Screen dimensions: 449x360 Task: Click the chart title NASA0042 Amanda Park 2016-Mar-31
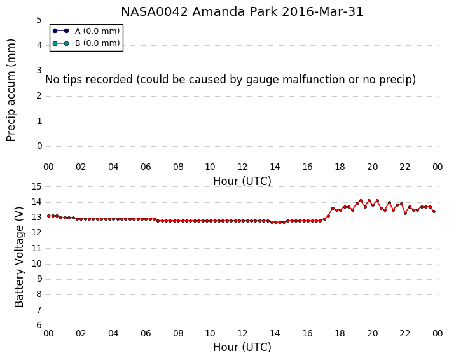(242, 12)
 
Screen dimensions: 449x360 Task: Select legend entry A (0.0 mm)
(86, 31)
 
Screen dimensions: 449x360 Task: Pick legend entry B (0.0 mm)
(86, 43)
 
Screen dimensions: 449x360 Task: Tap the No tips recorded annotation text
(230, 80)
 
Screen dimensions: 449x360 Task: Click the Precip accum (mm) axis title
(11, 90)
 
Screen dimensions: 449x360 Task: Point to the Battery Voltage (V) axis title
(19, 256)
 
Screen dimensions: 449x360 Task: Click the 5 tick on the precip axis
(39, 20)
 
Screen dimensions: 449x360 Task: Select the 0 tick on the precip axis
(39, 146)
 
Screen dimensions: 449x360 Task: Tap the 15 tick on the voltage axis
(36, 187)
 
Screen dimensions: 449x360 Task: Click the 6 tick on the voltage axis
(39, 326)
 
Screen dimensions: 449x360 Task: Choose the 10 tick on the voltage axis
(36, 263)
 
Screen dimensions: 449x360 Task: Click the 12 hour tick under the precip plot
(242, 167)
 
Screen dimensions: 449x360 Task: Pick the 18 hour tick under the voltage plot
(340, 333)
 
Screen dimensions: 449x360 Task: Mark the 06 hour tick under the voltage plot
(146, 333)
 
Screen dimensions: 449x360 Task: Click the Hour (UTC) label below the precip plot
(242, 181)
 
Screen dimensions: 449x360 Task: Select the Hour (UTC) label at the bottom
(242, 347)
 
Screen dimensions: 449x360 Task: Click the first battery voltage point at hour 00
(49, 216)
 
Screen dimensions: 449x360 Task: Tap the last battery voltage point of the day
(434, 211)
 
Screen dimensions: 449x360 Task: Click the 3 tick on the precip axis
(39, 71)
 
